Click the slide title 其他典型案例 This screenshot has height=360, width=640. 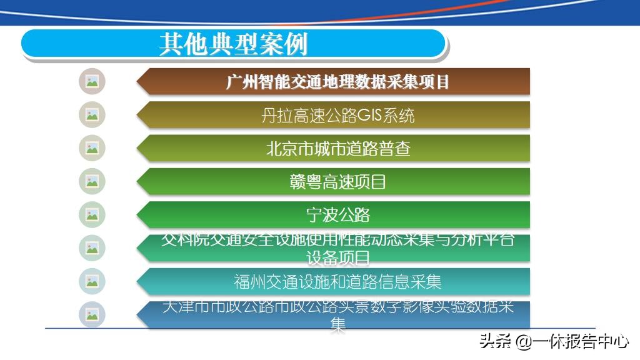pyautogui.click(x=233, y=44)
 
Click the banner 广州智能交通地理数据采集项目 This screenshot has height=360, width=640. pyautogui.click(x=337, y=82)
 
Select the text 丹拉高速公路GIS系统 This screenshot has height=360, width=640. pyautogui.click(x=337, y=115)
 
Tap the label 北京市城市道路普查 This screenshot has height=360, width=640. pyautogui.click(x=337, y=149)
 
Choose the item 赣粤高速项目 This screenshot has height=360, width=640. pyautogui.click(x=337, y=182)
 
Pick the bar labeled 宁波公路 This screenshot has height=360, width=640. pyautogui.click(x=337, y=215)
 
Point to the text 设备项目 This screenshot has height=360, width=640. pyautogui.click(x=337, y=257)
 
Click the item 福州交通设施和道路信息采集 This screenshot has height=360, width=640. pyautogui.click(x=337, y=282)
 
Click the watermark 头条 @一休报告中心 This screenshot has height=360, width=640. pyautogui.click(x=554, y=341)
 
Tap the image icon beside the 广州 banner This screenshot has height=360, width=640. pyautogui.click(x=92, y=81)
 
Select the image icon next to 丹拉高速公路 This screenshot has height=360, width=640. pyautogui.click(x=92, y=115)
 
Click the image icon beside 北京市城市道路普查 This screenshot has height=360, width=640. pyautogui.click(x=92, y=148)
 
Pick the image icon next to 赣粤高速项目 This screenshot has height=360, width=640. pyautogui.click(x=92, y=181)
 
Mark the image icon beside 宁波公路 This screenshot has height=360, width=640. pyautogui.click(x=92, y=215)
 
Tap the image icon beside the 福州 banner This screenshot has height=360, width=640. pyautogui.click(x=92, y=281)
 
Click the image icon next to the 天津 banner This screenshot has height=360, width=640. pyautogui.click(x=92, y=314)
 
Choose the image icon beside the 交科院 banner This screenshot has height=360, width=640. pyautogui.click(x=92, y=248)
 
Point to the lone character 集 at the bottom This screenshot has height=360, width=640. pyautogui.click(x=337, y=324)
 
